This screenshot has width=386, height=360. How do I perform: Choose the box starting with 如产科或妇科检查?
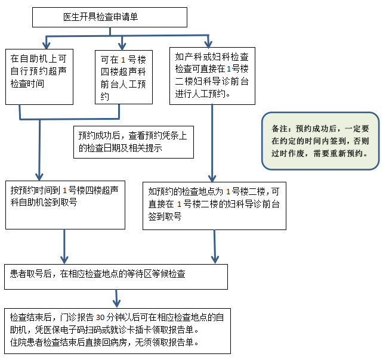pos(212,76)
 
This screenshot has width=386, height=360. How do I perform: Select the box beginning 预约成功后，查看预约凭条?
pos(133,142)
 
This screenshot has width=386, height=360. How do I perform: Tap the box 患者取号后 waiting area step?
pos(116,275)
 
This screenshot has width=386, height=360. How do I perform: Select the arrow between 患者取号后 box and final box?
pos(117,297)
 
